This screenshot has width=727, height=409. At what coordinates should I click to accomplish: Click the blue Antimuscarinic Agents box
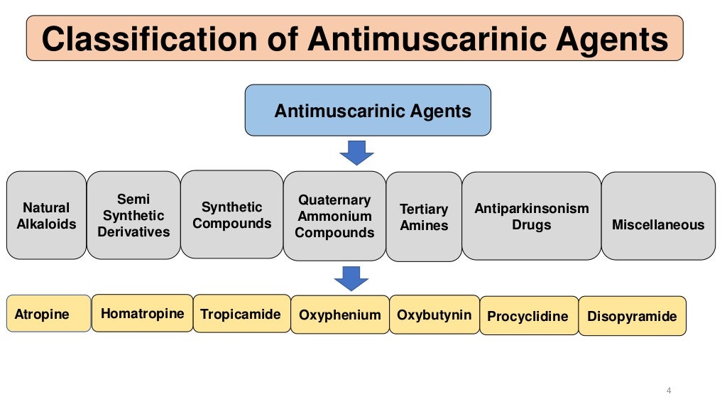coord(368,110)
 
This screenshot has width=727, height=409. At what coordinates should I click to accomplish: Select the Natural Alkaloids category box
coord(46,215)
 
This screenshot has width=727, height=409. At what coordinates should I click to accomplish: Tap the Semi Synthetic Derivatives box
coord(133,215)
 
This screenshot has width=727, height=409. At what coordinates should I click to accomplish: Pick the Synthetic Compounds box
coord(231,214)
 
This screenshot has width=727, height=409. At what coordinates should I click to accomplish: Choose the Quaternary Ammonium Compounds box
coord(334,216)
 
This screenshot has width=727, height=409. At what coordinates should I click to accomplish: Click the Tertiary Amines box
coord(424,217)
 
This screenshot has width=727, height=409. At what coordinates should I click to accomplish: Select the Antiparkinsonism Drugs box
coord(531,216)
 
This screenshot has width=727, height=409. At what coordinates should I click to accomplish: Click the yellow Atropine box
coord(48,314)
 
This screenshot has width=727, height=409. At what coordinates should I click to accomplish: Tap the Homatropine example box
coord(142,313)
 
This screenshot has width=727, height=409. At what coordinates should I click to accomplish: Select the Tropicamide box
coord(241,314)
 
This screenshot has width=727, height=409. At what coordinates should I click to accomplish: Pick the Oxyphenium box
coord(339,315)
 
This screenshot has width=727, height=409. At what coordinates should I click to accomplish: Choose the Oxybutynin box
coord(434,315)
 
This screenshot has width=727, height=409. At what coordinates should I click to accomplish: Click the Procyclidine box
coord(528,316)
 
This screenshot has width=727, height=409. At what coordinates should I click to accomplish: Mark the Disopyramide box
coord(632,316)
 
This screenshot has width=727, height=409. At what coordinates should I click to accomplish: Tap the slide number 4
coord(669,391)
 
